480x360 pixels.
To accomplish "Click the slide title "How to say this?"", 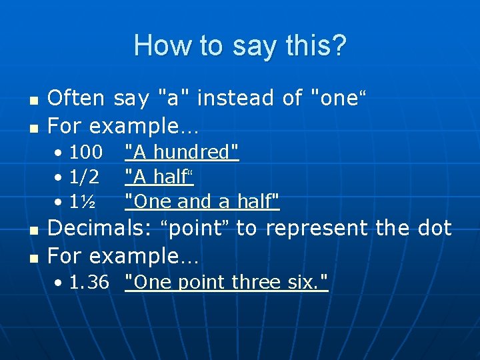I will coord(240,46).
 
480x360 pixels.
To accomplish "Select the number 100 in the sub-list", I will coord(86,152).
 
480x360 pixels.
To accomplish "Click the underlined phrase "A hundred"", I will coord(182,152).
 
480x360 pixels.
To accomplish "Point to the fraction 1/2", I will coord(85,177).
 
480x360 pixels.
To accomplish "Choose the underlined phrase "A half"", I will coord(159,177).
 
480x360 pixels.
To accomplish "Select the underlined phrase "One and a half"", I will coord(202,201).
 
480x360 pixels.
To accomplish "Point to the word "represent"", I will coord(316,229).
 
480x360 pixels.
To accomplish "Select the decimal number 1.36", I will coord(89,283).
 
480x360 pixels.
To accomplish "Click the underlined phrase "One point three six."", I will coord(227,283).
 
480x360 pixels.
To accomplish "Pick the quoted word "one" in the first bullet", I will coord(339,98).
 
